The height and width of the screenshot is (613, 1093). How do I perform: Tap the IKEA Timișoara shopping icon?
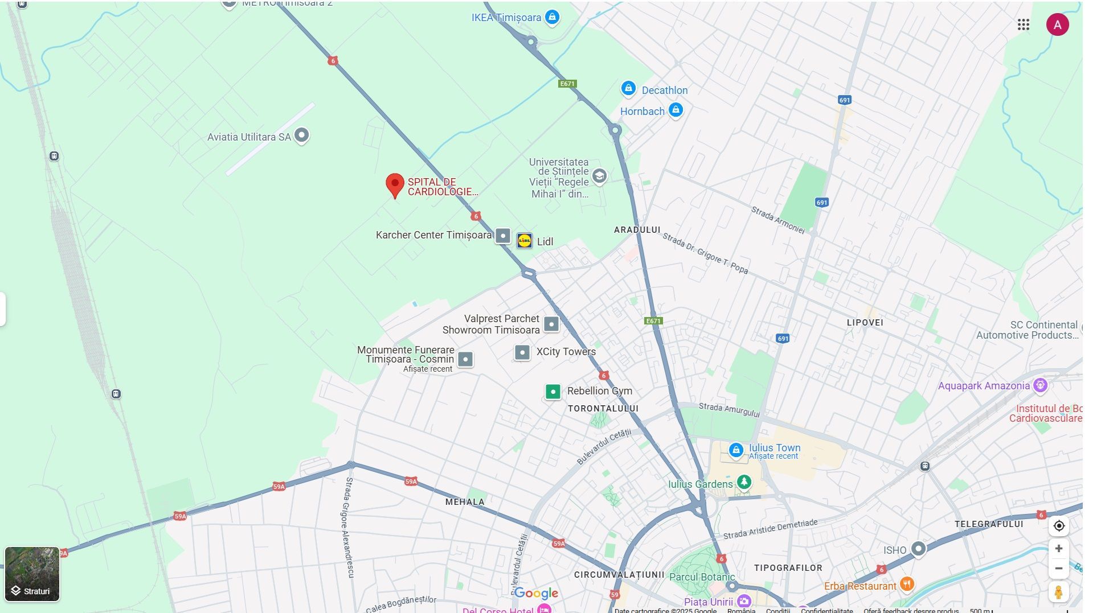[x=551, y=17]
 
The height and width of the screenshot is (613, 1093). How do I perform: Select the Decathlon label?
[x=664, y=90]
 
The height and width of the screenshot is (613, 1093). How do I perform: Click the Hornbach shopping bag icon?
[x=676, y=110]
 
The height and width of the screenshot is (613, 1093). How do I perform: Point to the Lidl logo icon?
[x=524, y=241]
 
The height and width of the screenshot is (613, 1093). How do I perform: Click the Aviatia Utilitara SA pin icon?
[x=301, y=135]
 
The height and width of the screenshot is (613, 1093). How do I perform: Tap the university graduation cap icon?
[x=599, y=176]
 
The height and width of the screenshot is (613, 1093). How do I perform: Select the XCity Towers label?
[x=566, y=352]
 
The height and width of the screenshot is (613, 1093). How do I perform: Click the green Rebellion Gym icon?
[x=552, y=392]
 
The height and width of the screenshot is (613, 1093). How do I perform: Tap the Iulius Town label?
[x=774, y=448]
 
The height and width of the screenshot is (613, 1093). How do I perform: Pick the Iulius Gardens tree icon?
[x=744, y=482]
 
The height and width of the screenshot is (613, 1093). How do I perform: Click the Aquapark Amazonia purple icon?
[x=1040, y=385]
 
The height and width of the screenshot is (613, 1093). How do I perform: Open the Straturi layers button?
[x=32, y=574]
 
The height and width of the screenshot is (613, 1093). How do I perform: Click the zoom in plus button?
[x=1058, y=549]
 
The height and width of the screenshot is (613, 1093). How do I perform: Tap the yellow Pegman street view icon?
[x=1058, y=592]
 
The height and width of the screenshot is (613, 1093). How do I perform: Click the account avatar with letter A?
[x=1057, y=24]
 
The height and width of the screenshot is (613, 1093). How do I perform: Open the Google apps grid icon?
[x=1023, y=24]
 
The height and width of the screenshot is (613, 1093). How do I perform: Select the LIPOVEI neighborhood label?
[x=865, y=323]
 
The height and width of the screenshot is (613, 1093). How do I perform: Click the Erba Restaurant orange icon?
[x=907, y=584]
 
